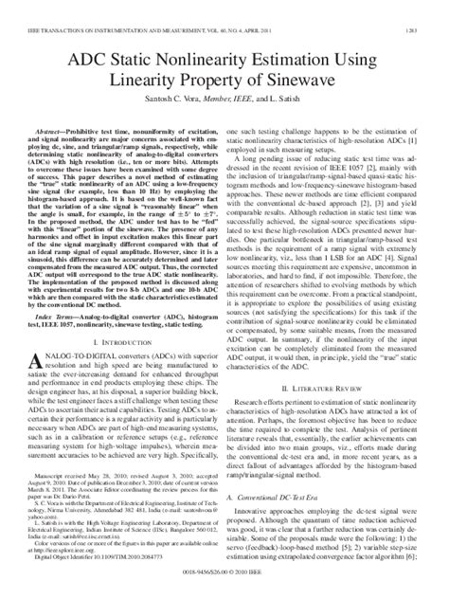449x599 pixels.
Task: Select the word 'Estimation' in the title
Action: (x=303, y=39)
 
